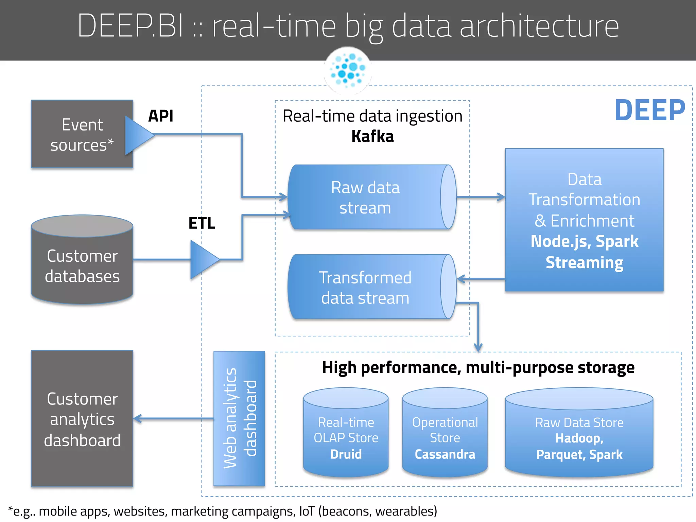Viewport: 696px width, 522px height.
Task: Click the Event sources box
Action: point(82,134)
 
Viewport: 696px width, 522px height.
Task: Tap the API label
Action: point(160,116)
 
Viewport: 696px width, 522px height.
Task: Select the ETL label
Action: point(202,223)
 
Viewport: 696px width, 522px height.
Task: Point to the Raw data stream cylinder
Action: point(365,197)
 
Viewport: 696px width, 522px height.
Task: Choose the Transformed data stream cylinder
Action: point(365,288)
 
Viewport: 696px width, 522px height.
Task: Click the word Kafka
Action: point(372,136)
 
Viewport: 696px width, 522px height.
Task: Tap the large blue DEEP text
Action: point(649,110)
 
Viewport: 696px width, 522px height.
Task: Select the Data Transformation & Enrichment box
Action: point(584,220)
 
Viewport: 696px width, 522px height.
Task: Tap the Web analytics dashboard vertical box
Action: point(239,418)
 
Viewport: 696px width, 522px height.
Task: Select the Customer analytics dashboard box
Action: point(82,419)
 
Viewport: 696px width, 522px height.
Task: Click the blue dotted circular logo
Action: point(348,70)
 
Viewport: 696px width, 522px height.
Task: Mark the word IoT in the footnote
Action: point(307,511)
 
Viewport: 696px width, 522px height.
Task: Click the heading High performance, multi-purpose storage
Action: point(478,368)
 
